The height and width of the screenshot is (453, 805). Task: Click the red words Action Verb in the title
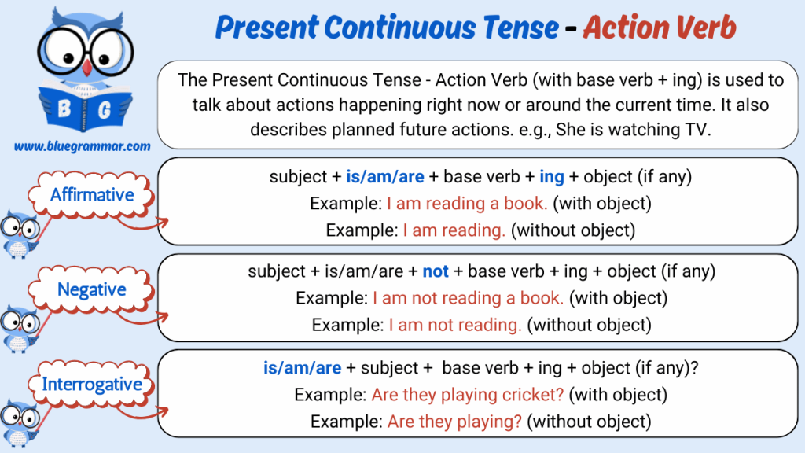[660, 28]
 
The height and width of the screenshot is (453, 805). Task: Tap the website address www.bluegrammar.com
[82, 146]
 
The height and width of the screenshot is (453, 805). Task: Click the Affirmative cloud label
[91, 195]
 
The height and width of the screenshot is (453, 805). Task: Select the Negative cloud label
[91, 289]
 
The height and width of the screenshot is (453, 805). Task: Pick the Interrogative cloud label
[91, 384]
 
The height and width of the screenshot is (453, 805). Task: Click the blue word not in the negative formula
[436, 271]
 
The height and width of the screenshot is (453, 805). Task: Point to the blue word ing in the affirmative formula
[551, 177]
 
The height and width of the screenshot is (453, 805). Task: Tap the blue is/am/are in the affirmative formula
[385, 177]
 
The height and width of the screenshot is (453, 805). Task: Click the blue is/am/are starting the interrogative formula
[302, 368]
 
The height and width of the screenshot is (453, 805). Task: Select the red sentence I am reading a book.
[467, 204]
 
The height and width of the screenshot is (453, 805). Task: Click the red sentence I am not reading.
[455, 325]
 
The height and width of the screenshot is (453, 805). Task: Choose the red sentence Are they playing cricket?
[468, 395]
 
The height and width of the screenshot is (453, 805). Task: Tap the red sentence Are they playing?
[454, 422]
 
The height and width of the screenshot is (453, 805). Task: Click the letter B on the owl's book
[64, 109]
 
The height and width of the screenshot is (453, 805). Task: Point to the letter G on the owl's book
[105, 110]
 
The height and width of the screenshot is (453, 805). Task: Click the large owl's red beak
[86, 68]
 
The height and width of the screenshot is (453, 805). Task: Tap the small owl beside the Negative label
[20, 327]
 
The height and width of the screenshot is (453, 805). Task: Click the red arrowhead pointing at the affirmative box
[164, 223]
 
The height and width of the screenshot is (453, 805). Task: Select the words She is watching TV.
[634, 130]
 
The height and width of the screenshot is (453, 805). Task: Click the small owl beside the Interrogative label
[20, 422]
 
